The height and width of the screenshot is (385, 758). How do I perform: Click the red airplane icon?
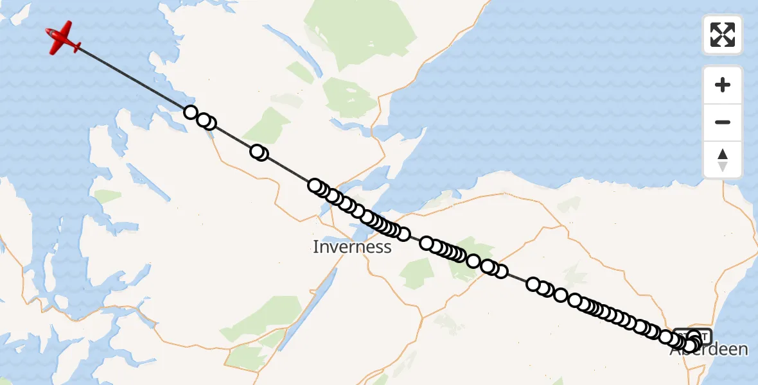(63, 38)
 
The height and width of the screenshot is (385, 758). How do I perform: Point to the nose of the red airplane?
(50, 31)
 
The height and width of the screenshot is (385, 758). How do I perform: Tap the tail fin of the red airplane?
(76, 47)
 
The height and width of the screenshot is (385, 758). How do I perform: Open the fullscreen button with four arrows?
(723, 35)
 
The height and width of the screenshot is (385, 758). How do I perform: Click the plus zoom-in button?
(723, 85)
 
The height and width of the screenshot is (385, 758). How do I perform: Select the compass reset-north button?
(723, 160)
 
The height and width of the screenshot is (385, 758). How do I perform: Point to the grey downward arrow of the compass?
(723, 166)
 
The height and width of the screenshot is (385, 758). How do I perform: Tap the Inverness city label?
(352, 247)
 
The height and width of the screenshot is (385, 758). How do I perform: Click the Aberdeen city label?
(709, 350)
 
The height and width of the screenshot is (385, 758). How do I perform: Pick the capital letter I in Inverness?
(315, 247)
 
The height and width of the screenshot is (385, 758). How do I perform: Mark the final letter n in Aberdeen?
(744, 350)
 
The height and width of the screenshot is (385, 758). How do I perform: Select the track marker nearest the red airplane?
(190, 112)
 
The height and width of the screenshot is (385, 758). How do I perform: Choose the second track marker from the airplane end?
(204, 120)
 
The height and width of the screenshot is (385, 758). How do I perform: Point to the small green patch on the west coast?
(107, 196)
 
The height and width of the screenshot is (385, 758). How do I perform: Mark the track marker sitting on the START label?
(693, 336)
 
